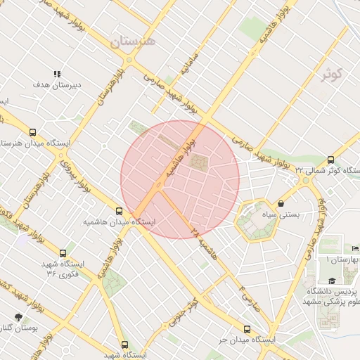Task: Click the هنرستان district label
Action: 135,41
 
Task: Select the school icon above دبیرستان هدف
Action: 57,74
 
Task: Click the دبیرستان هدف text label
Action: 57,85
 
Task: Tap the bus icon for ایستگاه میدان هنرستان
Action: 33,131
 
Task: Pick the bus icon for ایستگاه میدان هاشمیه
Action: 119,210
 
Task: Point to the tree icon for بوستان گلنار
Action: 18,317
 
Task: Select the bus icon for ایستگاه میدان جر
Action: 247,328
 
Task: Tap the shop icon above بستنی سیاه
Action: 281,203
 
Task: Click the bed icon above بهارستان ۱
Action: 355,249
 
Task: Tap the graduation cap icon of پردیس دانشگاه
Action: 331,281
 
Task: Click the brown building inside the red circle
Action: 198,163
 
